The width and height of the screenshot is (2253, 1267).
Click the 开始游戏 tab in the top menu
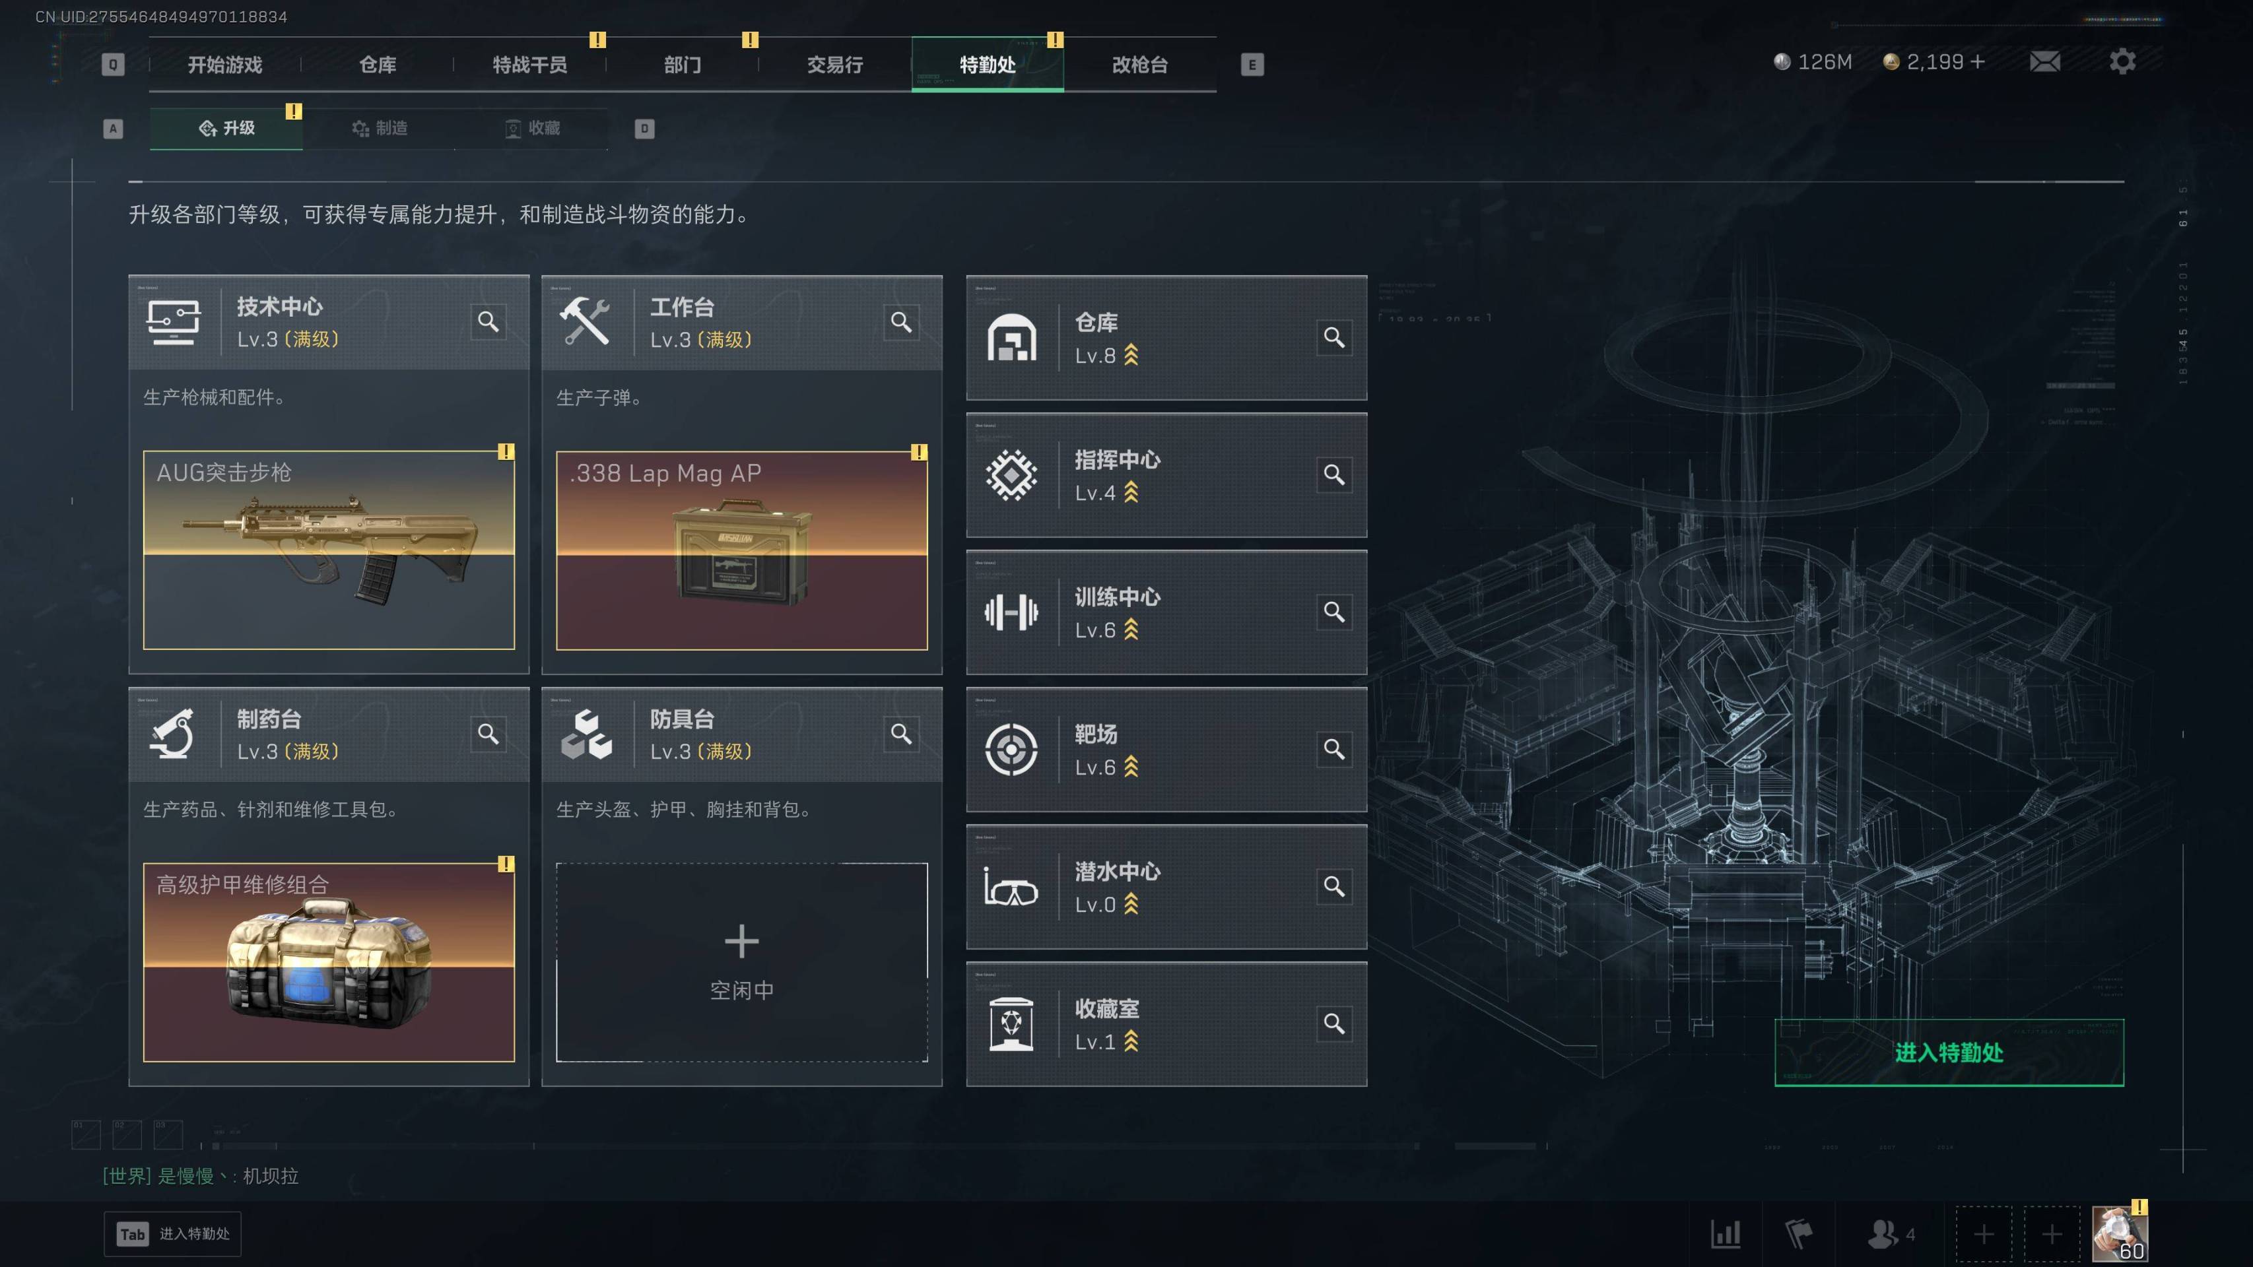pos(225,65)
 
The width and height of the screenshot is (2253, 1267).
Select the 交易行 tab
pos(834,65)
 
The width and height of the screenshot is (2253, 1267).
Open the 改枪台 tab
pos(1139,65)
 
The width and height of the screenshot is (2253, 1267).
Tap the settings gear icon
pos(2122,61)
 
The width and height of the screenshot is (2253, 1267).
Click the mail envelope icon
pos(2044,61)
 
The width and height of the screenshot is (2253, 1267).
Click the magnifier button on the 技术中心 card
pos(488,322)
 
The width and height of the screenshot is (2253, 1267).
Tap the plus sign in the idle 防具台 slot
pos(742,941)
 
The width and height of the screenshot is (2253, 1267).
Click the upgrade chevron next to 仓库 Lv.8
pos(1131,355)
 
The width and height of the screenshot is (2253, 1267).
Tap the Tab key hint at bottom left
pos(132,1234)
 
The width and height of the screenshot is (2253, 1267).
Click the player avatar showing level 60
pos(2118,1233)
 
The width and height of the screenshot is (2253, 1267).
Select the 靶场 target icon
pos(1011,750)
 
